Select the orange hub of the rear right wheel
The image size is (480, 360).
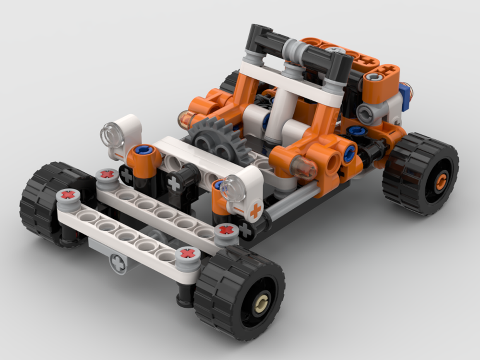(440, 180)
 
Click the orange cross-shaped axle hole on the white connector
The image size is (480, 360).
(256, 210)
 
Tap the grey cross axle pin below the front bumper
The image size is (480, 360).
(117, 262)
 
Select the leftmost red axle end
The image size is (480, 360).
(68, 195)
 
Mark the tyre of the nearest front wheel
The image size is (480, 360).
(226, 283)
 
